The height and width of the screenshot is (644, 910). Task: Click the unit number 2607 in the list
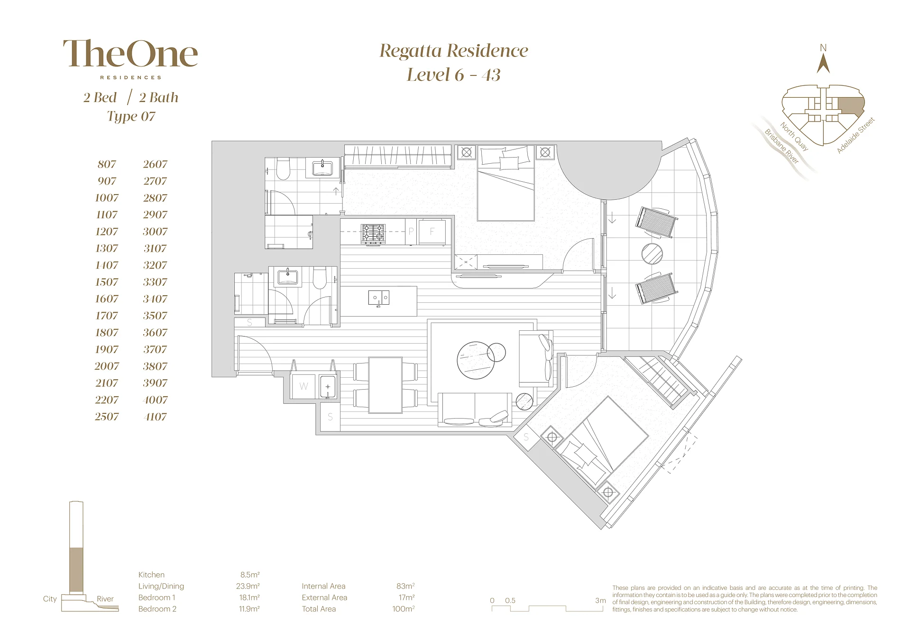click(155, 164)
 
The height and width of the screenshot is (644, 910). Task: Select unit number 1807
click(107, 333)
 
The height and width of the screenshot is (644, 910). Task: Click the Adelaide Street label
click(855, 135)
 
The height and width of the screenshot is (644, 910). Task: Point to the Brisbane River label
click(781, 146)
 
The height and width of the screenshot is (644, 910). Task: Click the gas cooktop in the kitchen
click(373, 234)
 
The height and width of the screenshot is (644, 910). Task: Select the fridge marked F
click(432, 232)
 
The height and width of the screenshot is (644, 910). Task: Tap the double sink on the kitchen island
click(379, 298)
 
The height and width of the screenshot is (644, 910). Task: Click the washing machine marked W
click(303, 386)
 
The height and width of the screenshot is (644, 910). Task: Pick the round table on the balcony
click(652, 254)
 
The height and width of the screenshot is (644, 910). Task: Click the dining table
click(386, 385)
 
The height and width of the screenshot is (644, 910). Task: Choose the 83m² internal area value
click(405, 586)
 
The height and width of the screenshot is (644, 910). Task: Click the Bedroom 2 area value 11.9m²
click(249, 609)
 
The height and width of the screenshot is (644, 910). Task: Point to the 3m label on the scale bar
click(600, 600)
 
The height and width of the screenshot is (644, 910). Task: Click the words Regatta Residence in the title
click(454, 51)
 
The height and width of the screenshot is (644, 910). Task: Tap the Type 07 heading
click(131, 116)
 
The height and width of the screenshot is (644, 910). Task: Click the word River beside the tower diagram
click(105, 599)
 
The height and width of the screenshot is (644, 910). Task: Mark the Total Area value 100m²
click(403, 609)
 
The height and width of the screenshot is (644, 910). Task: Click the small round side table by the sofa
click(524, 401)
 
